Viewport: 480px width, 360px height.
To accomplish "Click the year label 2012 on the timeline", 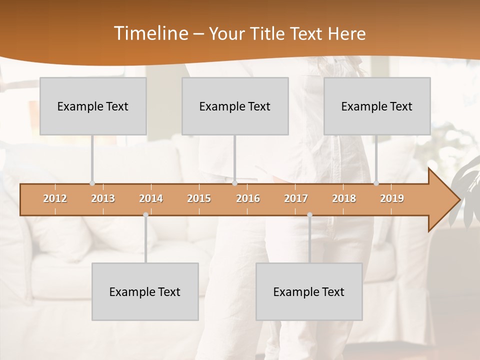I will click(55, 198).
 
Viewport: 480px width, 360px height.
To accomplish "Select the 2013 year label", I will click(103, 198).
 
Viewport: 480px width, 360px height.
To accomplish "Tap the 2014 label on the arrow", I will click(151, 198).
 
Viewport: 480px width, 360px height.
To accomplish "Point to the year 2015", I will click(199, 198).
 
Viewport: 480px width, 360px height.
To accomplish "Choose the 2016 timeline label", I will click(248, 198).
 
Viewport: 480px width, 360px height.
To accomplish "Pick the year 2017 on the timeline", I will click(296, 198).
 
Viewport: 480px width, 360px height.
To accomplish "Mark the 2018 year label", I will click(344, 198).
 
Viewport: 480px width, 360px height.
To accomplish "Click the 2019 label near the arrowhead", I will click(392, 198).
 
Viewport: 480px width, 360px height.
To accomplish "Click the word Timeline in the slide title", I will click(150, 33).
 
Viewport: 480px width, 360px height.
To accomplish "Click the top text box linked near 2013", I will click(93, 106).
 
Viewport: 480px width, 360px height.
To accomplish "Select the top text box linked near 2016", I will click(235, 106).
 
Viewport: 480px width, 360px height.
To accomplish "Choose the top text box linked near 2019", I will click(377, 106).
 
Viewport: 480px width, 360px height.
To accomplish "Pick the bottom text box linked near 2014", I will click(145, 291).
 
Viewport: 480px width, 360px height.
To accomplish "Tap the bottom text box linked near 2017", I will click(309, 291).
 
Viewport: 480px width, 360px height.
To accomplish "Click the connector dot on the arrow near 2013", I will click(92, 183).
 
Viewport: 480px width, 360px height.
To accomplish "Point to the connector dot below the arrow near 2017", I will click(309, 215).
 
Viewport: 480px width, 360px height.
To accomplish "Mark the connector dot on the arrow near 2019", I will click(376, 183).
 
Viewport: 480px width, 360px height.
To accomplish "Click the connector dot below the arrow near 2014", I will click(145, 215).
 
